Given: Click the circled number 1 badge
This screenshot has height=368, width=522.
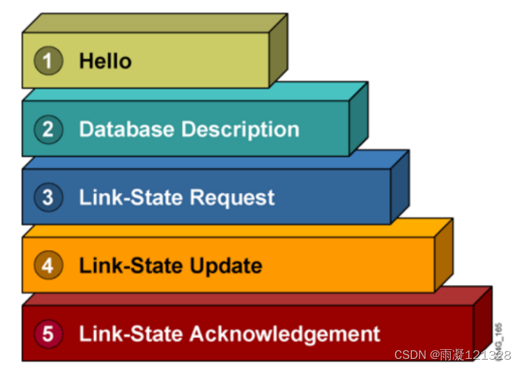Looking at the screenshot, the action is click(47, 61).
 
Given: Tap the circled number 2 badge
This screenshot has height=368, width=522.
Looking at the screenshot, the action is click(47, 129).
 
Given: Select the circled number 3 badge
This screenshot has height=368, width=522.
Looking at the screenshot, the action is click(47, 197).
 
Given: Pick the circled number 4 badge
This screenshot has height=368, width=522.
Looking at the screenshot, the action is click(47, 266).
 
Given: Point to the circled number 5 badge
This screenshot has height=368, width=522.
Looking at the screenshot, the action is click(47, 334).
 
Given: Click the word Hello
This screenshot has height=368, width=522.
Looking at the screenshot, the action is click(105, 61).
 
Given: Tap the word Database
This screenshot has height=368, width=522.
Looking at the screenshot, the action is click(127, 129).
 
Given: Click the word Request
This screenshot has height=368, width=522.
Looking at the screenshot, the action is click(233, 198).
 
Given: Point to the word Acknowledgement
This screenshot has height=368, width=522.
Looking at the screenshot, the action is click(285, 334).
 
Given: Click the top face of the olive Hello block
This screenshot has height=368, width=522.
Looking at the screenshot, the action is click(153, 23).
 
